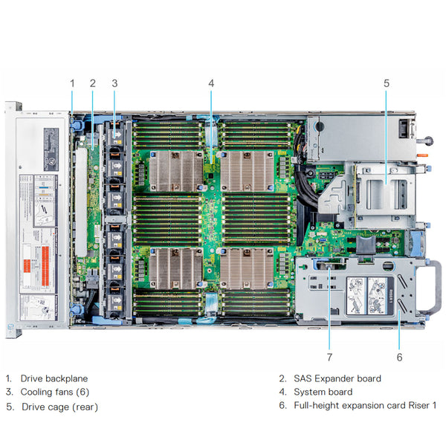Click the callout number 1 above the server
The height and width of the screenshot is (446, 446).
(x=72, y=83)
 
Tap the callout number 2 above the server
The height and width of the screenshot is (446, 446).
(x=93, y=83)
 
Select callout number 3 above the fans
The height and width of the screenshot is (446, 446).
(x=114, y=83)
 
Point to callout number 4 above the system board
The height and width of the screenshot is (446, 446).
(x=211, y=83)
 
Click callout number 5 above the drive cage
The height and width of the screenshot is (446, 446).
(x=387, y=83)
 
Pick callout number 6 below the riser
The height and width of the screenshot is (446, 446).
(x=399, y=357)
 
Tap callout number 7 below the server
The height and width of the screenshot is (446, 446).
(x=330, y=357)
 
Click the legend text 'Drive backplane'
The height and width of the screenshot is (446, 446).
(x=54, y=378)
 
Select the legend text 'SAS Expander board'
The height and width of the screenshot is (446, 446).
(x=337, y=378)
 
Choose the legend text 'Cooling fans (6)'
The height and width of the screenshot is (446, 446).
(x=54, y=392)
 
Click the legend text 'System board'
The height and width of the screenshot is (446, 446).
(x=323, y=392)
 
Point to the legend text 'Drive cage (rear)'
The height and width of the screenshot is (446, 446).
(x=59, y=407)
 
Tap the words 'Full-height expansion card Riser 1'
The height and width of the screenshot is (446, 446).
(x=365, y=405)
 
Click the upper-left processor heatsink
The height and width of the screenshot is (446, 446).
(x=175, y=171)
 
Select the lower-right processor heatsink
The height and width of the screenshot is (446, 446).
(x=247, y=268)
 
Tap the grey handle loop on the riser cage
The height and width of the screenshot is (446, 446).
(x=430, y=286)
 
